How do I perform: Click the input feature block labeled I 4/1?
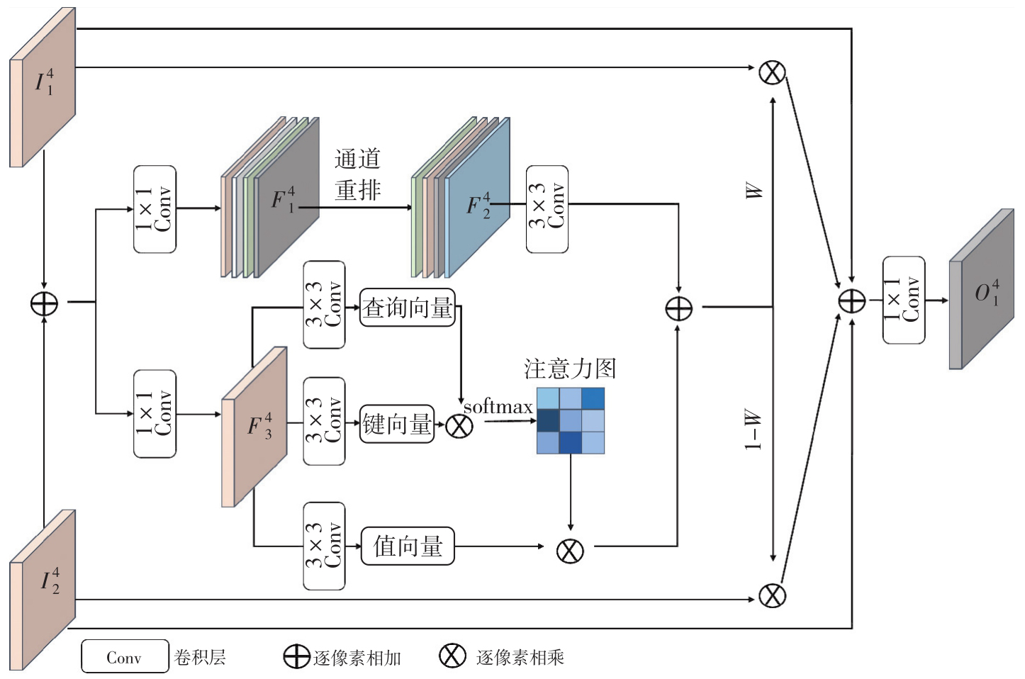click(43, 87)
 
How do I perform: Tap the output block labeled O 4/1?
click(982, 289)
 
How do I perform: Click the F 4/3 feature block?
click(254, 427)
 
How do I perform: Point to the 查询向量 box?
click(408, 308)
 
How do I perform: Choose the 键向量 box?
click(397, 424)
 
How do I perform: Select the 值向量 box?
click(408, 546)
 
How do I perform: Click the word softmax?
click(498, 407)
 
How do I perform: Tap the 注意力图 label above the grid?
click(570, 369)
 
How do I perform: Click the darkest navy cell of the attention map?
click(548, 421)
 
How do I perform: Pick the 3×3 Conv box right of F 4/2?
click(547, 209)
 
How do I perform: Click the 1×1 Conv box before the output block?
click(904, 300)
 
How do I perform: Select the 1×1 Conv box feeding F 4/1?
click(155, 209)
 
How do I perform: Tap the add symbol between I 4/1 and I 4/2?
click(44, 303)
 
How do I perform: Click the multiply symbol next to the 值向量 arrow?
click(570, 551)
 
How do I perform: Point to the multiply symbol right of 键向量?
click(459, 427)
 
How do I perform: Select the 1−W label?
click(754, 430)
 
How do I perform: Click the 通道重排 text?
click(357, 174)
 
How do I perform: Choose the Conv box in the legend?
click(125, 656)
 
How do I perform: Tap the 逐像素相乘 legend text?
click(520, 658)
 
